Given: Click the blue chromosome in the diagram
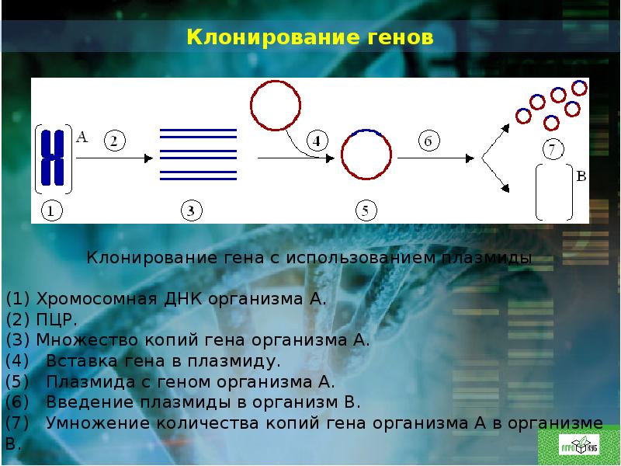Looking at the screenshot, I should coord(53,158).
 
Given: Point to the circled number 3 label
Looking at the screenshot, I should coord(191,210).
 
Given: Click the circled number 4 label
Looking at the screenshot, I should coord(317,141).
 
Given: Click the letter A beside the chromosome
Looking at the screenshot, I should coord(82,137).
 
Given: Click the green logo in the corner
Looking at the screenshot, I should coord(578,447).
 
